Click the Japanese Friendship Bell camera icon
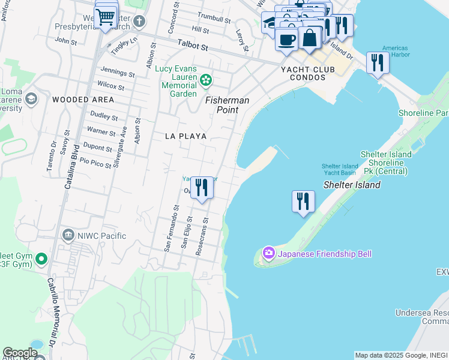(268, 253)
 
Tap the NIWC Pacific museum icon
(68, 235)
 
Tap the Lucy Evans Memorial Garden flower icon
(206, 79)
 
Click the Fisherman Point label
(228, 100)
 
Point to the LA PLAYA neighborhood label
(186, 136)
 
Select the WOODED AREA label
(83, 99)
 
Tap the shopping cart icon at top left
(106, 17)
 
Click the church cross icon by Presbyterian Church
(139, 22)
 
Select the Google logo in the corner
(20, 353)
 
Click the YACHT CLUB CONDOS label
(307, 73)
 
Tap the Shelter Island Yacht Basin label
(339, 169)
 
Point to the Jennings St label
(118, 73)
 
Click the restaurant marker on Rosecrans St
(202, 187)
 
